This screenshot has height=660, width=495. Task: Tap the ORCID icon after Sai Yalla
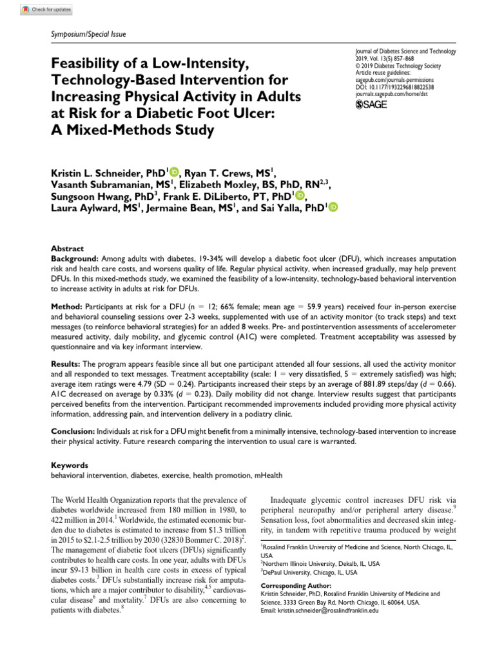333,207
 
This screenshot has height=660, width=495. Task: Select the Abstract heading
67,248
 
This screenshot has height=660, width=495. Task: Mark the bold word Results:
68,365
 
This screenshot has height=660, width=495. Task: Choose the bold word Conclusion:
74,428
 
